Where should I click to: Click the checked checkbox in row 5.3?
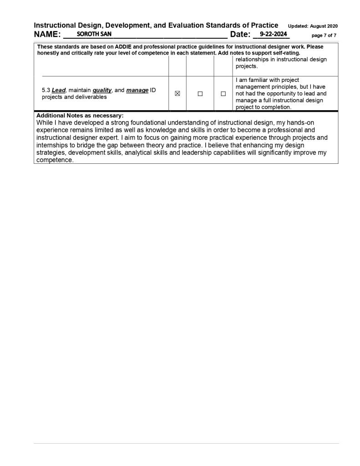[x=177, y=94]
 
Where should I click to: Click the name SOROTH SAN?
[x=94, y=34]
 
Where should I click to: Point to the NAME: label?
[x=47, y=35]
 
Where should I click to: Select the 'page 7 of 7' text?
[x=324, y=35]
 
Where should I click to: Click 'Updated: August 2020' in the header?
[x=313, y=26]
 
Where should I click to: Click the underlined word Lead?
[x=59, y=90]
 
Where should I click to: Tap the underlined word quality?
[x=102, y=90]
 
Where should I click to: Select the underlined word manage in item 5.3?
[x=137, y=90]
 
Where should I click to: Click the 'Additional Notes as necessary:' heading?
[x=80, y=116]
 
